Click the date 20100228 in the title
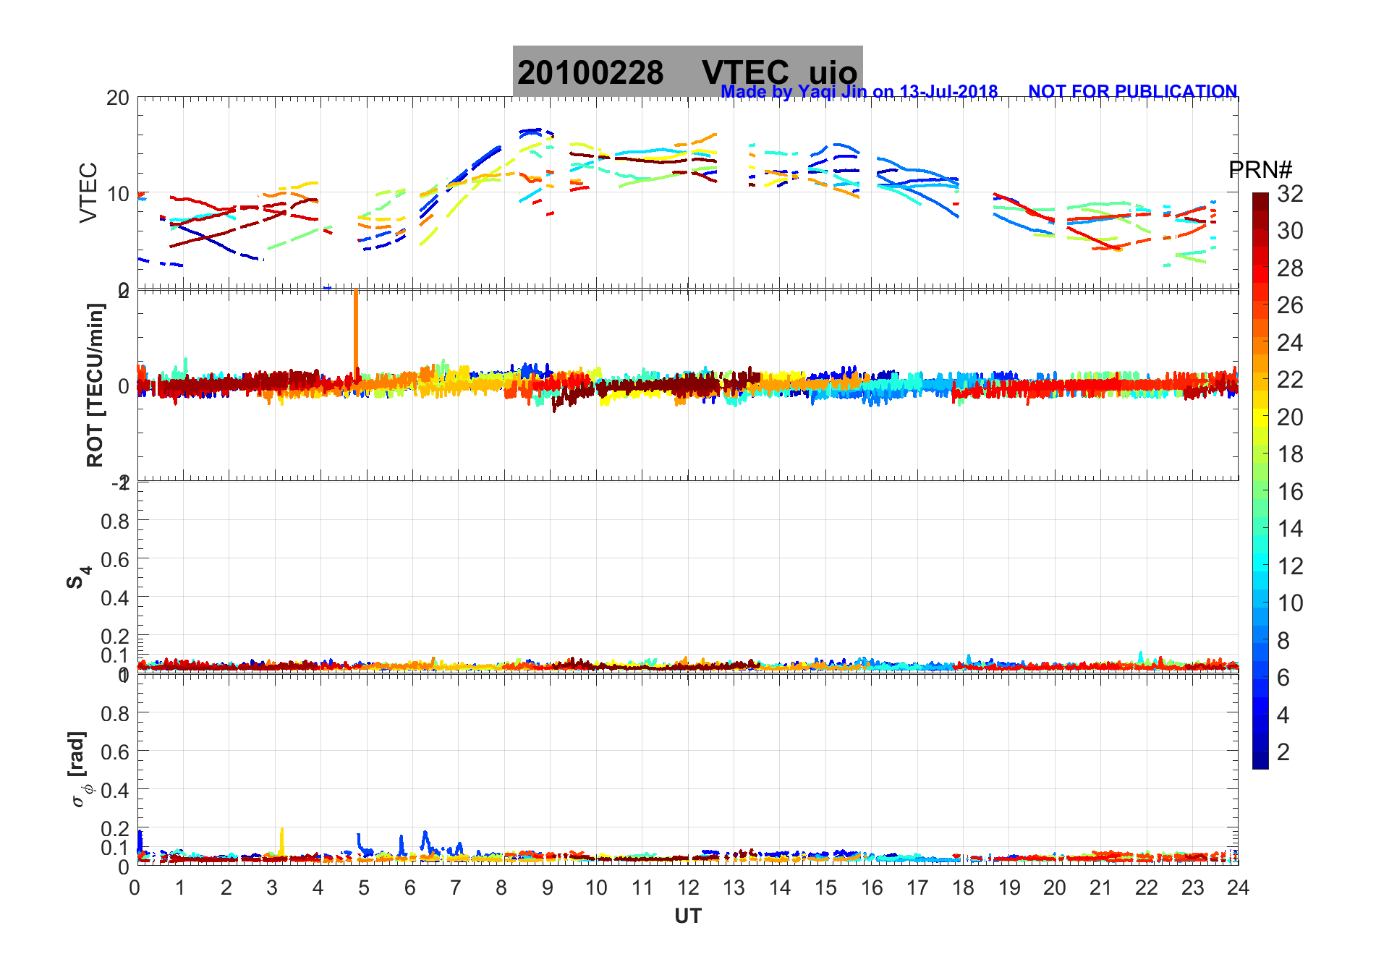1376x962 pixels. point(590,73)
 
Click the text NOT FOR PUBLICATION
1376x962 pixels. point(1132,92)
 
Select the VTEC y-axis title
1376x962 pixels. point(88,192)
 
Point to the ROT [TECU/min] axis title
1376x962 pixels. point(95,385)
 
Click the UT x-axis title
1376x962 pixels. point(687,916)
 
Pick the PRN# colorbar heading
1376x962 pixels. point(1260,170)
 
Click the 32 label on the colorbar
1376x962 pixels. point(1290,194)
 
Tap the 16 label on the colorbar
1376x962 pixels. point(1290,492)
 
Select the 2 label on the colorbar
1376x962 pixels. point(1283,752)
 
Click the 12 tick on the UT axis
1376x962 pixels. point(687,888)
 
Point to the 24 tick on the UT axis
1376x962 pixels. point(1238,888)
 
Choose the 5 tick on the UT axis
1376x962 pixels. point(364,888)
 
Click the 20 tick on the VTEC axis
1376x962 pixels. point(118,98)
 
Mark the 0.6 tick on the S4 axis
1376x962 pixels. point(115,559)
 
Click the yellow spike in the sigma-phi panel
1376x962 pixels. point(281,840)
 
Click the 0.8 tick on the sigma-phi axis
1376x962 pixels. point(115,714)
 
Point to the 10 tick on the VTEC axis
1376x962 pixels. point(118,194)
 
